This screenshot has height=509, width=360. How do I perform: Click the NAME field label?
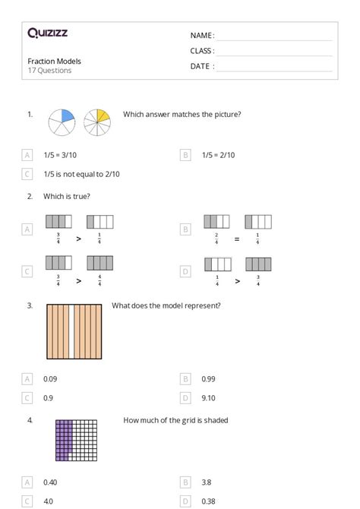click(202, 36)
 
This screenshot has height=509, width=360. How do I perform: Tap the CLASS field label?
click(202, 51)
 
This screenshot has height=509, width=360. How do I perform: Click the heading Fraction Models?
click(54, 62)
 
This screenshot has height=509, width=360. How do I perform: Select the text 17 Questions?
click(49, 71)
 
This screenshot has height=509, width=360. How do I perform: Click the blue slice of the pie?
click(66, 116)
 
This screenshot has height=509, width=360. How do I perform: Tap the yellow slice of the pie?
click(103, 115)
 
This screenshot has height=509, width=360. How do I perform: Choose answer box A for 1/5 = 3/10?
click(28, 155)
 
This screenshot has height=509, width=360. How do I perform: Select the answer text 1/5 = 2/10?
click(219, 155)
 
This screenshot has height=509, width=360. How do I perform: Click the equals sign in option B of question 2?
click(237, 238)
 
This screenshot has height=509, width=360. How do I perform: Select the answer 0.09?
click(51, 378)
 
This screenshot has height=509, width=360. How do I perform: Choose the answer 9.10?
click(209, 397)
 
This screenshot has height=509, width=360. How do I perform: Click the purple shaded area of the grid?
click(62, 441)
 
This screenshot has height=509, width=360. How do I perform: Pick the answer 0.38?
click(209, 501)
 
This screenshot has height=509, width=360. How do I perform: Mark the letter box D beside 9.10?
click(185, 397)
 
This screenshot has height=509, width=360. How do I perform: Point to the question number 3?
click(30, 305)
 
